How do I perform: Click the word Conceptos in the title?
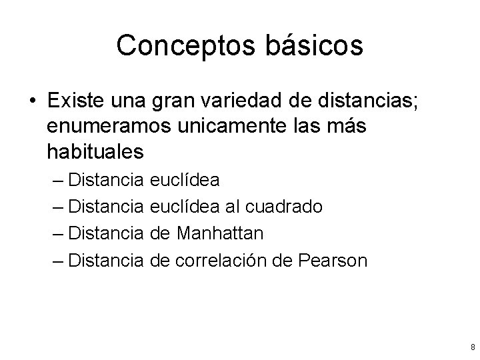coord(176,46)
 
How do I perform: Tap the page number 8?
coord(472,347)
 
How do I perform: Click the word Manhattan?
coord(221,233)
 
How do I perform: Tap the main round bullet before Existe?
coord(33,101)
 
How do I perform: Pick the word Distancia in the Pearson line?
coord(106,260)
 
